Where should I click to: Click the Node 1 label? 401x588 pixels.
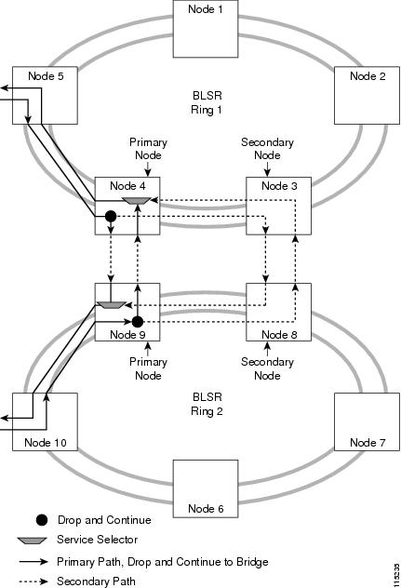pyautogui.click(x=206, y=9)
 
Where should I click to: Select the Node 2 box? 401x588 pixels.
pyautogui.click(x=367, y=96)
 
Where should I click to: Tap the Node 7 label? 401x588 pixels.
pyautogui.click(x=368, y=443)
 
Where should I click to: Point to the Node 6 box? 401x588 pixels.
pyautogui.click(x=206, y=488)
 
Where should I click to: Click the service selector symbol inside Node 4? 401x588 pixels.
pyautogui.click(x=137, y=201)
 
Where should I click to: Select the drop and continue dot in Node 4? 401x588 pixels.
pyautogui.click(x=111, y=217)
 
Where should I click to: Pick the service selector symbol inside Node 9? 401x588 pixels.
pyautogui.click(x=111, y=305)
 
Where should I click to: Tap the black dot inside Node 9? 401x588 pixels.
pyautogui.click(x=138, y=322)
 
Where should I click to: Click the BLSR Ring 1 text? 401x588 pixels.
pyautogui.click(x=207, y=102)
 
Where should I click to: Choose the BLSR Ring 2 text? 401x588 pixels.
pyautogui.click(x=207, y=404)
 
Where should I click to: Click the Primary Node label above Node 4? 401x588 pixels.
pyautogui.click(x=148, y=149)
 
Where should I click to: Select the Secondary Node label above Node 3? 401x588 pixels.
pyautogui.click(x=267, y=149)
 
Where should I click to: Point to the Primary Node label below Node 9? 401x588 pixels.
pyautogui.click(x=148, y=368)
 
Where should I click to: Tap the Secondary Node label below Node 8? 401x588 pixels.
pyautogui.click(x=267, y=368)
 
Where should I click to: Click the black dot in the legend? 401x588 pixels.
pyautogui.click(x=42, y=520)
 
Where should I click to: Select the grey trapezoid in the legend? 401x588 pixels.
pyautogui.click(x=32, y=541)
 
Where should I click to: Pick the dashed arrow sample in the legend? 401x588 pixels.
pyautogui.click(x=33, y=581)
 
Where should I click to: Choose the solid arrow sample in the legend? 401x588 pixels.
pyautogui.click(x=33, y=562)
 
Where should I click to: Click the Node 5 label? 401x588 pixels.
pyautogui.click(x=46, y=76)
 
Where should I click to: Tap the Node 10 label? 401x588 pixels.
pyautogui.click(x=46, y=443)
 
